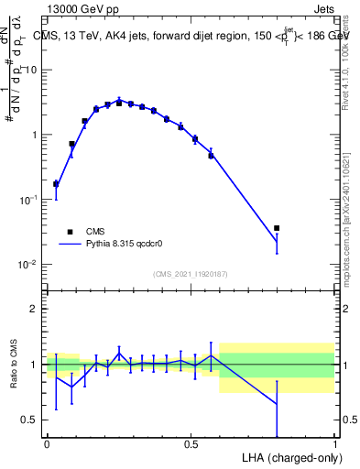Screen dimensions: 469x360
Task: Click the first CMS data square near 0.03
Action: [56, 184]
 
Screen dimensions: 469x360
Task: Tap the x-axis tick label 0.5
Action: [191, 443]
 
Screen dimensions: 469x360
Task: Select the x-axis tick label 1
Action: [334, 443]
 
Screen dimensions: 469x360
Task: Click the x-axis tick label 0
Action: [48, 443]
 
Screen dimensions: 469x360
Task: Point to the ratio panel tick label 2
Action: [34, 309]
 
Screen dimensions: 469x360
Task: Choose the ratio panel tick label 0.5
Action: [29, 420]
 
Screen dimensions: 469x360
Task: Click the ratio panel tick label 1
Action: [34, 365]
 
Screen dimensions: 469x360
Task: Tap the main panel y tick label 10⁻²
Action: [28, 265]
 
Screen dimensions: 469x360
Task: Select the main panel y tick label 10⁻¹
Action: [28, 200]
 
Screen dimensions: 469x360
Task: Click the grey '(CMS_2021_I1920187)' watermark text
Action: [191, 274]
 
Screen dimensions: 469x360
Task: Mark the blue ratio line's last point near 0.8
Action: [277, 404]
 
